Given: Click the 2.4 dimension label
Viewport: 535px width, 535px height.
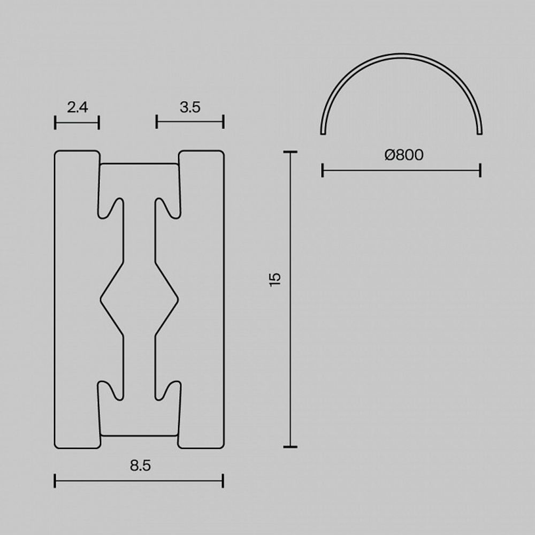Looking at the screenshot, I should (x=77, y=107).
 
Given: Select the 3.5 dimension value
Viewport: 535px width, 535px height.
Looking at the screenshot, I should (x=190, y=107).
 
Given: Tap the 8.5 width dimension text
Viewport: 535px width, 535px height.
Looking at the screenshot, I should (x=140, y=465).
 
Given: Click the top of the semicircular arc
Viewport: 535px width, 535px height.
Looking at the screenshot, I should (x=401, y=55).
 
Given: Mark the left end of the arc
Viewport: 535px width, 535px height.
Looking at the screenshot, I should (x=322, y=132).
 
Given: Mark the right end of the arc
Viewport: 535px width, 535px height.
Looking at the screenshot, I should (x=480, y=132).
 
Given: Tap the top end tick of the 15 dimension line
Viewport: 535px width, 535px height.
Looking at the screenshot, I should (x=290, y=152).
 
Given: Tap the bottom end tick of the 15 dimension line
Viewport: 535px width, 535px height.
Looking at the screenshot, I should (x=290, y=446).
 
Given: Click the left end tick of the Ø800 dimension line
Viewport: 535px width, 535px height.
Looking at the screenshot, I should (x=323, y=171).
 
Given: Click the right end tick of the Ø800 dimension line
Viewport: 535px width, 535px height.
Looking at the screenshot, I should (x=480, y=171).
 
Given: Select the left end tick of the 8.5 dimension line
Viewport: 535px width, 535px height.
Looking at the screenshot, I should (x=55, y=480).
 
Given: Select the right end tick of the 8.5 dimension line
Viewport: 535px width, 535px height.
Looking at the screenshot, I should (x=223, y=480).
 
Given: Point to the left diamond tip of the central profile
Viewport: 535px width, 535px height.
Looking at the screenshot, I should (x=101, y=299).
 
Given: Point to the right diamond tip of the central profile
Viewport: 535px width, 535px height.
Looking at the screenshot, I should (x=178, y=299).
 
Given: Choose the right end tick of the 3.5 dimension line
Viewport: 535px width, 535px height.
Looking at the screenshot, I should (x=223, y=122).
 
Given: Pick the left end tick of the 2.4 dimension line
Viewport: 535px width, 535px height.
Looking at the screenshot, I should (x=55, y=123).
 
